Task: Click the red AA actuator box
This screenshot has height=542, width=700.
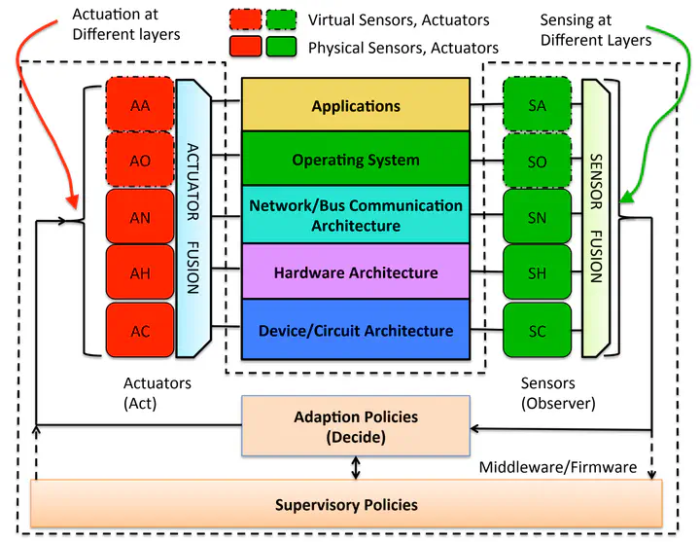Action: click(x=140, y=106)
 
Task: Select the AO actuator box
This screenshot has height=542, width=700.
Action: click(x=140, y=162)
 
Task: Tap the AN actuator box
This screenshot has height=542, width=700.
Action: click(x=140, y=218)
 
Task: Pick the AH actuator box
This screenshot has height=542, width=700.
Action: click(x=140, y=274)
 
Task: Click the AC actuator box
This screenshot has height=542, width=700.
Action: click(x=140, y=331)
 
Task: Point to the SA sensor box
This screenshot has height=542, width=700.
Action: click(x=537, y=106)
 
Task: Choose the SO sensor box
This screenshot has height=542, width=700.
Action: click(x=537, y=162)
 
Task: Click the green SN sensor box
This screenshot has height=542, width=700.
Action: click(x=537, y=218)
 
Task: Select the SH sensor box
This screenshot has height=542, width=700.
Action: click(x=537, y=274)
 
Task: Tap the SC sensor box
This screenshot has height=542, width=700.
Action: click(x=537, y=331)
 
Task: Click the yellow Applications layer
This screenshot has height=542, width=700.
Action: click(x=356, y=105)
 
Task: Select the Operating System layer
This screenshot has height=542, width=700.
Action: click(x=356, y=160)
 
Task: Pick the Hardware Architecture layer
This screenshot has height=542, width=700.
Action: click(x=356, y=272)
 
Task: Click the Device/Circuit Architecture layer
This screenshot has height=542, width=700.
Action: click(x=356, y=330)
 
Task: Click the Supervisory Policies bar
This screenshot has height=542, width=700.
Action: click(x=346, y=504)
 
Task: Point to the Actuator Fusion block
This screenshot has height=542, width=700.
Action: click(x=192, y=218)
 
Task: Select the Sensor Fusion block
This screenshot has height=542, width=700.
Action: click(x=596, y=218)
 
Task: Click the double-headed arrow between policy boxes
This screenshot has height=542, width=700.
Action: click(x=356, y=468)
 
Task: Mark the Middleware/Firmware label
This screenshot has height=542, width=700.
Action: click(x=557, y=467)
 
